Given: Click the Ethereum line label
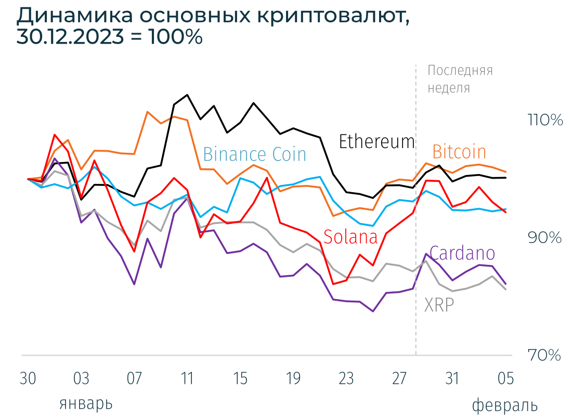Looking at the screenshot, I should (376, 141).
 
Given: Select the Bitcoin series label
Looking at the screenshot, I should (459, 152).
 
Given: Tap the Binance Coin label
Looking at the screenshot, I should (254, 154).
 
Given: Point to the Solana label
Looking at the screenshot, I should (350, 237).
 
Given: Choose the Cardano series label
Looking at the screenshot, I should (462, 253).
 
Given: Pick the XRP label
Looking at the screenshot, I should (439, 305).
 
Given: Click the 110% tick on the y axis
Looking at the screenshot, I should (545, 120).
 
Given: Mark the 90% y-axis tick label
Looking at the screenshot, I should (545, 238).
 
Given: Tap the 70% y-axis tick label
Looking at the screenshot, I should (545, 356).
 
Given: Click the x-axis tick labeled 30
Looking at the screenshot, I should (28, 379).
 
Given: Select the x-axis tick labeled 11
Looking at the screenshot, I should (187, 379).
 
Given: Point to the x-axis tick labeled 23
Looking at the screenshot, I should (346, 379).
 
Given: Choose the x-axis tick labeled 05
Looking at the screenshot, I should (505, 379).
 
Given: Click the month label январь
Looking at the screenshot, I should (86, 404).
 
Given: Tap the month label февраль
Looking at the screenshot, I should (504, 405).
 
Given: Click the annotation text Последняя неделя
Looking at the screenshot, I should (460, 79).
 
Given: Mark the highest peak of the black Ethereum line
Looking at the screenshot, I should (187, 95).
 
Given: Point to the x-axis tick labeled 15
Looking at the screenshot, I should (240, 379).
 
